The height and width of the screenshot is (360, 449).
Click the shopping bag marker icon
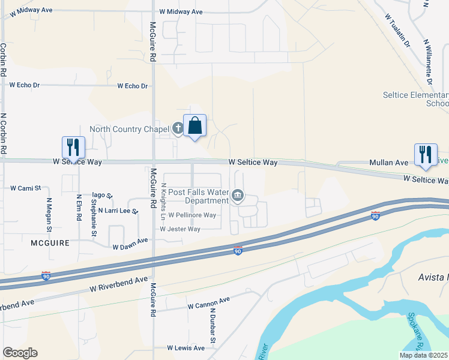pyautogui.click(x=194, y=126)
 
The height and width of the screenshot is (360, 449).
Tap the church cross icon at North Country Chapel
pyautogui.click(x=178, y=128)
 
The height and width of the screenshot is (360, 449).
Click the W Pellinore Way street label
pyautogui.click(x=191, y=215)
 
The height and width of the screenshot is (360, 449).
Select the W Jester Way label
pyautogui.click(x=179, y=229)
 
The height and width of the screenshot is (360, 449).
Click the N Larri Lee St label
pyautogui.click(x=118, y=211)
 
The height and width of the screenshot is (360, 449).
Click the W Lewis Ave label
pyautogui.click(x=185, y=348)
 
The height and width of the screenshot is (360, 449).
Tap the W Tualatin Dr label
pyautogui.click(x=398, y=32)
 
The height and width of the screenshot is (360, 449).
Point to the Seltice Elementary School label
pyautogui.click(x=416, y=99)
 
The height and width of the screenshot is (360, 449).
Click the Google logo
pyautogui.click(x=20, y=353)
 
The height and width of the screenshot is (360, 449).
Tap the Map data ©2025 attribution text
pyautogui.click(x=423, y=355)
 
